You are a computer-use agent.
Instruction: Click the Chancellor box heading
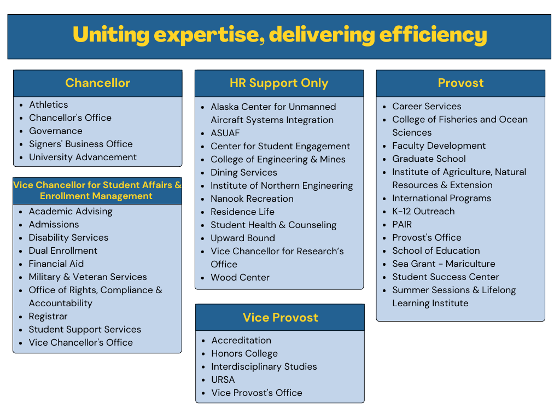tap(97, 83)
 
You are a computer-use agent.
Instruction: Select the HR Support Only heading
tap(279, 83)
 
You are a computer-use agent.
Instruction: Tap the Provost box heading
tap(460, 83)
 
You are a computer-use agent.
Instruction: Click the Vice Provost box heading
tap(281, 318)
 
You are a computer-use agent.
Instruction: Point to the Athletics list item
tap(49, 104)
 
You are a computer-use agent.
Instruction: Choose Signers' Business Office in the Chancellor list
tap(81, 144)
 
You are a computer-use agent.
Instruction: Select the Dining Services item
tap(244, 172)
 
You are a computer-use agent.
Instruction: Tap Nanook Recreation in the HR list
tap(252, 199)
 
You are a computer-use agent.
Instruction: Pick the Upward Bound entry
tap(243, 238)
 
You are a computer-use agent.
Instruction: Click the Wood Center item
tap(240, 277)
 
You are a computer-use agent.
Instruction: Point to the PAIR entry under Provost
tap(402, 224)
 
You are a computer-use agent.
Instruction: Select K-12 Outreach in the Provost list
tap(424, 212)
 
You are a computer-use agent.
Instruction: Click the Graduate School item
tap(429, 159)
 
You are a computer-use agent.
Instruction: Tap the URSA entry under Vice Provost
tap(223, 380)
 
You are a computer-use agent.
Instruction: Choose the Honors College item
tap(244, 354)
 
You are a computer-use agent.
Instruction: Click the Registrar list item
tap(48, 317)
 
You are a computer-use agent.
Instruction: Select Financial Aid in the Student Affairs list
tap(56, 264)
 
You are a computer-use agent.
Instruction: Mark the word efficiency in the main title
tap(433, 34)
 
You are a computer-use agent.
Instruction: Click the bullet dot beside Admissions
tap(21, 225)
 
